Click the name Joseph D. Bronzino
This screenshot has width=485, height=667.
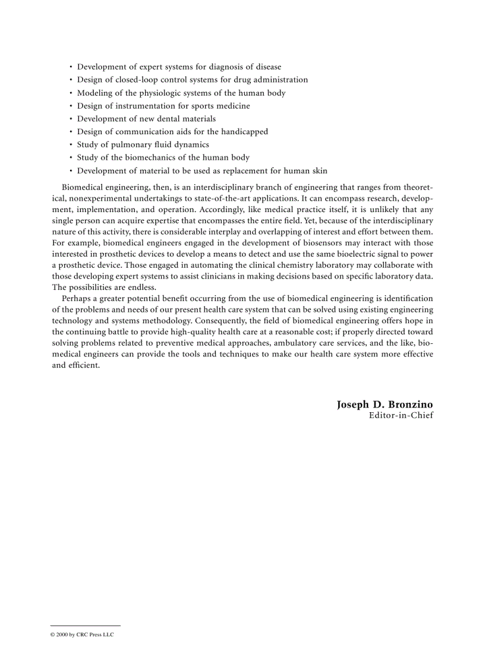tap(385, 404)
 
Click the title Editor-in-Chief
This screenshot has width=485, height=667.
tap(401, 415)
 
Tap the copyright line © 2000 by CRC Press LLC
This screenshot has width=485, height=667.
tap(81, 634)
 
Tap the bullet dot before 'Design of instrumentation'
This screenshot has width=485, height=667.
tap(71, 106)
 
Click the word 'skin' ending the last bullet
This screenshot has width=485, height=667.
tap(319, 171)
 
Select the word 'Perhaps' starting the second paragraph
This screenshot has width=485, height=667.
tap(76, 298)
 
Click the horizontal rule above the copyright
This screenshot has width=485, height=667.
tap(85, 625)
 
